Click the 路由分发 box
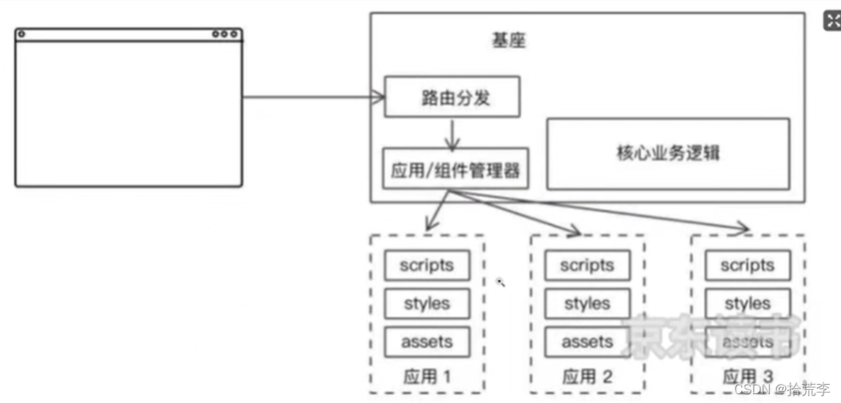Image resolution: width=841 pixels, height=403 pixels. pos(452,97)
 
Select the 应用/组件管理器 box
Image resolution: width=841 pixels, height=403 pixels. pos(455,169)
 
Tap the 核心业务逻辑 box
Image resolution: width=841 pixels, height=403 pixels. pos(668,154)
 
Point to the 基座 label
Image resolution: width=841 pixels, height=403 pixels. pos(508,40)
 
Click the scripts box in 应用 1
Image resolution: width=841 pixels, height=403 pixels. pos(426,265)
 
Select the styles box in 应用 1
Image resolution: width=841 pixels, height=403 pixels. pos(426,304)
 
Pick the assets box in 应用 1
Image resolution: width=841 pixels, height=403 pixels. pos(426,342)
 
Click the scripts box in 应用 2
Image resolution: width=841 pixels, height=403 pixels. pos(587,265)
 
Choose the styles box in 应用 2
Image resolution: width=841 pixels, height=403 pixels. pos(587,304)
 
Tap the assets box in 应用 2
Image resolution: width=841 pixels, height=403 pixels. pos(587,342)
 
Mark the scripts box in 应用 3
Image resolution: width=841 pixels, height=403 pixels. pos(747,265)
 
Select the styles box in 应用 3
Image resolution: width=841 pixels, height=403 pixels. pos(747,304)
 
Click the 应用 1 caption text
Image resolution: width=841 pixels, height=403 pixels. pos(427,377)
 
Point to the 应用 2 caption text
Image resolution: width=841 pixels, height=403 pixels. pos(587,377)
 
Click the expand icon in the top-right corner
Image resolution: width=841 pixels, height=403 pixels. pos(832,20)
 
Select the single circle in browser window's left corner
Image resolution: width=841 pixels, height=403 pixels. pos(21,34)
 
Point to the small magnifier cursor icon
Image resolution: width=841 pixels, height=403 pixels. pos(501,282)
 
